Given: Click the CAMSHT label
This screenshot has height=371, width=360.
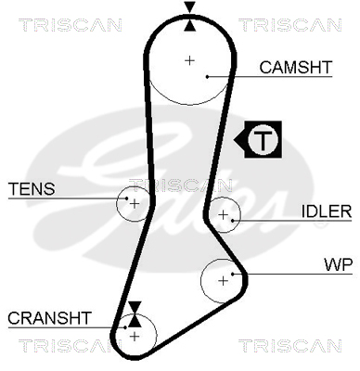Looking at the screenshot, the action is [296, 67].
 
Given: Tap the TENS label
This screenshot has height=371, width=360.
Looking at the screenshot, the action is [32, 188].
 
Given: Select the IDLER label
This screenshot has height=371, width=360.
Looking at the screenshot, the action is [327, 211].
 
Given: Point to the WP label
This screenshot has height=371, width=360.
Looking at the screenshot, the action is [338, 264].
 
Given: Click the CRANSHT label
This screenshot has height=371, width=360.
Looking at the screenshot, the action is [49, 318].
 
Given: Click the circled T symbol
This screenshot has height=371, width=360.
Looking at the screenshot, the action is [263, 139].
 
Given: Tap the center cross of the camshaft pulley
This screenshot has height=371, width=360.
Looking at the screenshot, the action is [189, 60].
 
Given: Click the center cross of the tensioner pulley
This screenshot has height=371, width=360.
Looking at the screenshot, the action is [135, 204].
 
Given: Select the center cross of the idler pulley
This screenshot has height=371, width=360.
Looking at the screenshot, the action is [223, 214].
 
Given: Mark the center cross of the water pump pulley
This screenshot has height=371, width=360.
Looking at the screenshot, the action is [223, 281].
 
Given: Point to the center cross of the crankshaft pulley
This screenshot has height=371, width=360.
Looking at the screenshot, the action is [135, 336].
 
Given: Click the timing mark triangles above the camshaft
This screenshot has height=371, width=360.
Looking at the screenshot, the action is [189, 17].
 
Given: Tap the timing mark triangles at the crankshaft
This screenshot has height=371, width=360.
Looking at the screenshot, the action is [135, 314].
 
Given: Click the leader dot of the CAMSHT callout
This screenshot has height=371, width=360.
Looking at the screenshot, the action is [208, 76].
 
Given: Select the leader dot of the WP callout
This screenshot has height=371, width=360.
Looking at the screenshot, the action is [233, 274].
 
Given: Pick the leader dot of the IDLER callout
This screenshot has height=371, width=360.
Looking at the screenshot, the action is [233, 221].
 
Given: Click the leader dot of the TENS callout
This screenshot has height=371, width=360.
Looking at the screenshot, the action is [126, 198].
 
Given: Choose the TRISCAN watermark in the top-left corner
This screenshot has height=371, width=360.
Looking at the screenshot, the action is [71, 25].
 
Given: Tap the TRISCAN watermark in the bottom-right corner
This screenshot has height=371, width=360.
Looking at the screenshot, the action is [290, 346].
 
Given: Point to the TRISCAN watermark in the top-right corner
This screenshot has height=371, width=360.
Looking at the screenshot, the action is [290, 25].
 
